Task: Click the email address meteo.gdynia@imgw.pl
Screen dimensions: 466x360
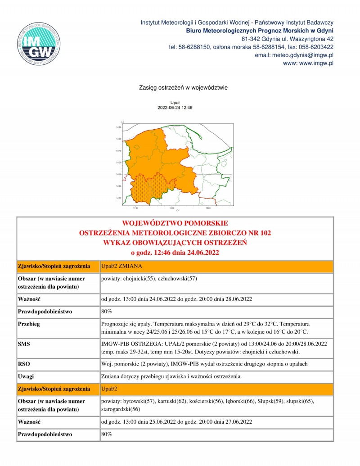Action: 294,55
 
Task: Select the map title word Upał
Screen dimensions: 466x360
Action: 175,103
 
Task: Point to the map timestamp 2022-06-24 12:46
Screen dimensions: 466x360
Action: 175,108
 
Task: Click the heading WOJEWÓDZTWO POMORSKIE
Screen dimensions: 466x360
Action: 175,223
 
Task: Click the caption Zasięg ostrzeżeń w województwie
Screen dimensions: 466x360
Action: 175,88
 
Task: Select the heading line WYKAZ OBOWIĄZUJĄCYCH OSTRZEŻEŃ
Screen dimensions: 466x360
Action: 175,243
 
